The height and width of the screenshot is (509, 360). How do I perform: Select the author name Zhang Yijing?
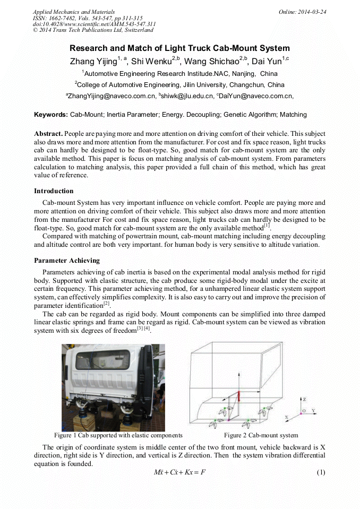click(x=93, y=62)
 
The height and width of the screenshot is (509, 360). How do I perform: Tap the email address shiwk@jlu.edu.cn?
click(x=185, y=96)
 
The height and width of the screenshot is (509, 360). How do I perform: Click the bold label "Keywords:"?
click(x=51, y=115)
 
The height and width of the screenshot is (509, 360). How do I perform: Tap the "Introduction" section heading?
click(x=54, y=191)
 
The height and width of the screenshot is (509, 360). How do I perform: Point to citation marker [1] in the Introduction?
click(x=267, y=226)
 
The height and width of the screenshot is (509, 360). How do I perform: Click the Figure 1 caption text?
click(x=114, y=435)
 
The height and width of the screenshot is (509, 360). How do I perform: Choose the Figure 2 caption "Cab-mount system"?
click(x=261, y=435)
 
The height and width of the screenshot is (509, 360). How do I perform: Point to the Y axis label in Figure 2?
click(x=313, y=411)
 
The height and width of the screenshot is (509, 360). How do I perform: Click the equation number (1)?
click(x=320, y=472)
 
